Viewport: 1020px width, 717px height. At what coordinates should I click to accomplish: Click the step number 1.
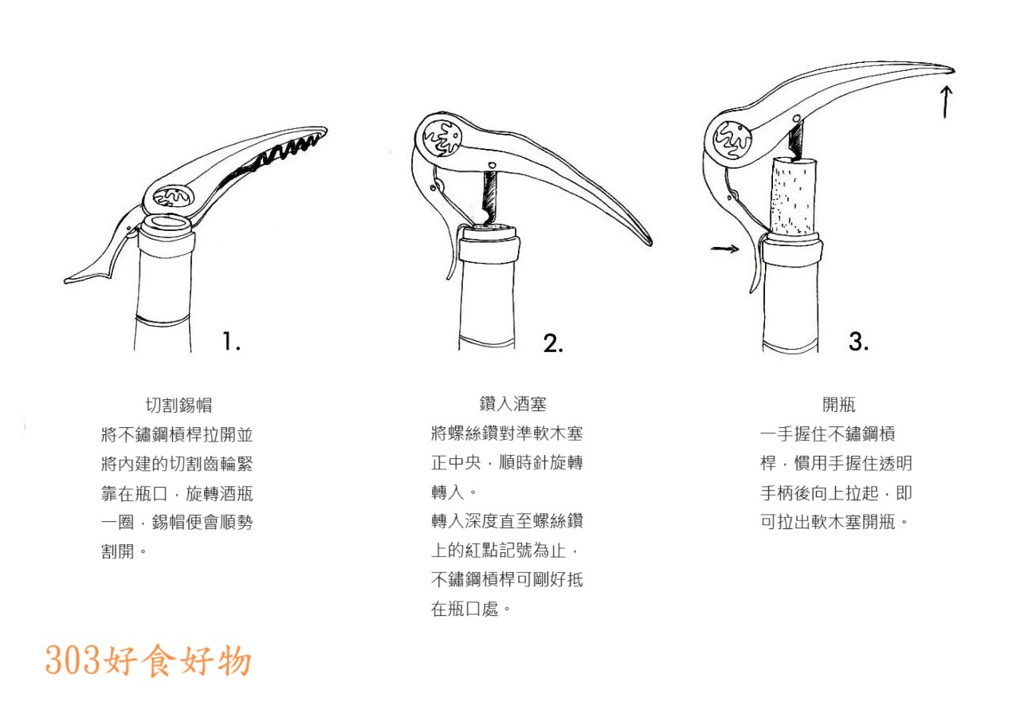click(231, 342)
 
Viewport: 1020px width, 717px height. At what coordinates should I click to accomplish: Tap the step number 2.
click(553, 343)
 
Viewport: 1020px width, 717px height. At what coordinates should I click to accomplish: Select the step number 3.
click(858, 342)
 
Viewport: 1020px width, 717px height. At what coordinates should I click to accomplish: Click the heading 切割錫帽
click(178, 405)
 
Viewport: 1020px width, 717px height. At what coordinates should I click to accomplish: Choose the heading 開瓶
click(838, 405)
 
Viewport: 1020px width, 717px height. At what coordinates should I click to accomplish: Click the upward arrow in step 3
click(945, 102)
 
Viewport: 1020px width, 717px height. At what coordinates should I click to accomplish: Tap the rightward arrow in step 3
click(725, 249)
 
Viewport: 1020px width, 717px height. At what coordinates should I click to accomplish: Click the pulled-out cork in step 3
click(794, 195)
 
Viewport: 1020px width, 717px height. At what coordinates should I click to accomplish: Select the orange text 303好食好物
click(148, 660)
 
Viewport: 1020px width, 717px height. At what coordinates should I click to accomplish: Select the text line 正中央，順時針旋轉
click(507, 463)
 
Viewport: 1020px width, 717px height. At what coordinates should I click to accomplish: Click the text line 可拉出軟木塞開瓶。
click(835, 523)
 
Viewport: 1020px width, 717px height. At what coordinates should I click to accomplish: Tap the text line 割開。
click(124, 551)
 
